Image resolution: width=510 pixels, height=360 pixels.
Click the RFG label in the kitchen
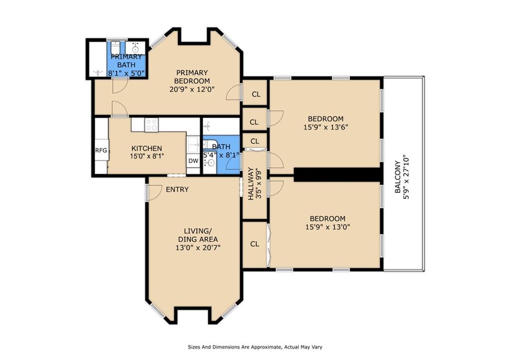pos(101,150)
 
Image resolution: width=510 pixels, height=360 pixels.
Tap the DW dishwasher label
pos(193,161)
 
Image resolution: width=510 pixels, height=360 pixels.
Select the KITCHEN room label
pos(146,148)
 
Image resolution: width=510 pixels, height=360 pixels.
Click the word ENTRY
pos(177,189)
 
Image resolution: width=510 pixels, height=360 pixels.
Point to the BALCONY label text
pos(397,177)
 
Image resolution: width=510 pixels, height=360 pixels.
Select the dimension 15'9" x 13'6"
pos(325,127)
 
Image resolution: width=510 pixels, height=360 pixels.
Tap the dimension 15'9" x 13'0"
pos(327,227)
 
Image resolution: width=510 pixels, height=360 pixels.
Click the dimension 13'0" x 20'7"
pos(198,247)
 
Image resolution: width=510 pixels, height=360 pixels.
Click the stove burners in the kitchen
pos(151,124)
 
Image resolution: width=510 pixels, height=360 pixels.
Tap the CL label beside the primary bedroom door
pos(255,94)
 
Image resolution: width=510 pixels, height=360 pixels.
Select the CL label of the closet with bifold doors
pos(255,244)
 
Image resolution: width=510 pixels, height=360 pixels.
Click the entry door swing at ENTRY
pos(154,192)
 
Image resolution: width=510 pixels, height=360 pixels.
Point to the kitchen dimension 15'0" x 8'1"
pos(147,156)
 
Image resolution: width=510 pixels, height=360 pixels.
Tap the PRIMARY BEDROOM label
pos(192,77)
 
